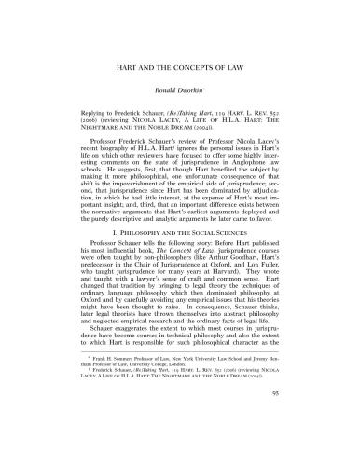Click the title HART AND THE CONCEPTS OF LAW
pos(180,70)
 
